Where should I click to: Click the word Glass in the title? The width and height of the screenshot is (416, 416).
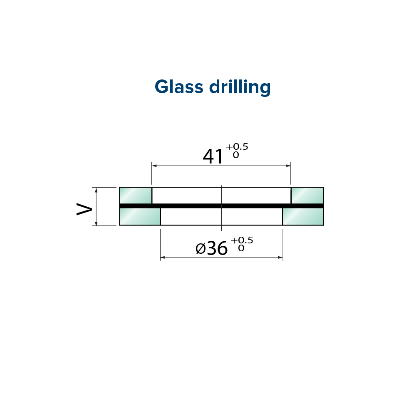pos(179,87)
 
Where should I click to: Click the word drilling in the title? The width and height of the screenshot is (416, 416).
pos(240,87)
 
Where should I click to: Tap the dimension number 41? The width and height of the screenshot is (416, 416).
pos(213,156)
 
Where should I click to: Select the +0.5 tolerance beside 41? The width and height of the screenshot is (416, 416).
pos(237,146)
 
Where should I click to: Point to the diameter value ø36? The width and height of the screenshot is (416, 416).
pos(211,248)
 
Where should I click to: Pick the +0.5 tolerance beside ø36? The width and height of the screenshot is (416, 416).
pos(242,240)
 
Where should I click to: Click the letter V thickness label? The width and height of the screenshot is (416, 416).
pos(84,209)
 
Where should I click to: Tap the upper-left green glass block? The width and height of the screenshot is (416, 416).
pos(136,196)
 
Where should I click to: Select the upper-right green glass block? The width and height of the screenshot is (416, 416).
pos(307,196)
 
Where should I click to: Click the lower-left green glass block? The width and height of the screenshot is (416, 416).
pos(140,216)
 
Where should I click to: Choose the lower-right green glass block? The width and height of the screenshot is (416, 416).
pos(303,216)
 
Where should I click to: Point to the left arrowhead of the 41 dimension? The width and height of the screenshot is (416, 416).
pos(154,166)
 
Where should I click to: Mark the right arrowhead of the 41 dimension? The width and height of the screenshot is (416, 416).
pos(288,166)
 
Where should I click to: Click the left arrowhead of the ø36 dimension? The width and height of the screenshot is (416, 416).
pos(163,258)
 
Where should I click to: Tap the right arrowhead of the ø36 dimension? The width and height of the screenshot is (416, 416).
pos(280,258)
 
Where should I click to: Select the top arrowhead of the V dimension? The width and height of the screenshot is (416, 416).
pos(96,190)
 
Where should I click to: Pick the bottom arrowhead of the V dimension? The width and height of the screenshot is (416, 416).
pos(96,223)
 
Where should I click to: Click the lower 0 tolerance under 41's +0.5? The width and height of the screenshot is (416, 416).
pos(236,155)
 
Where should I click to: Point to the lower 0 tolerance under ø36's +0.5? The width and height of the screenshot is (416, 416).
pos(241,248)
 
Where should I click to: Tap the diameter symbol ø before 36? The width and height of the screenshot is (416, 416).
pos(201,249)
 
